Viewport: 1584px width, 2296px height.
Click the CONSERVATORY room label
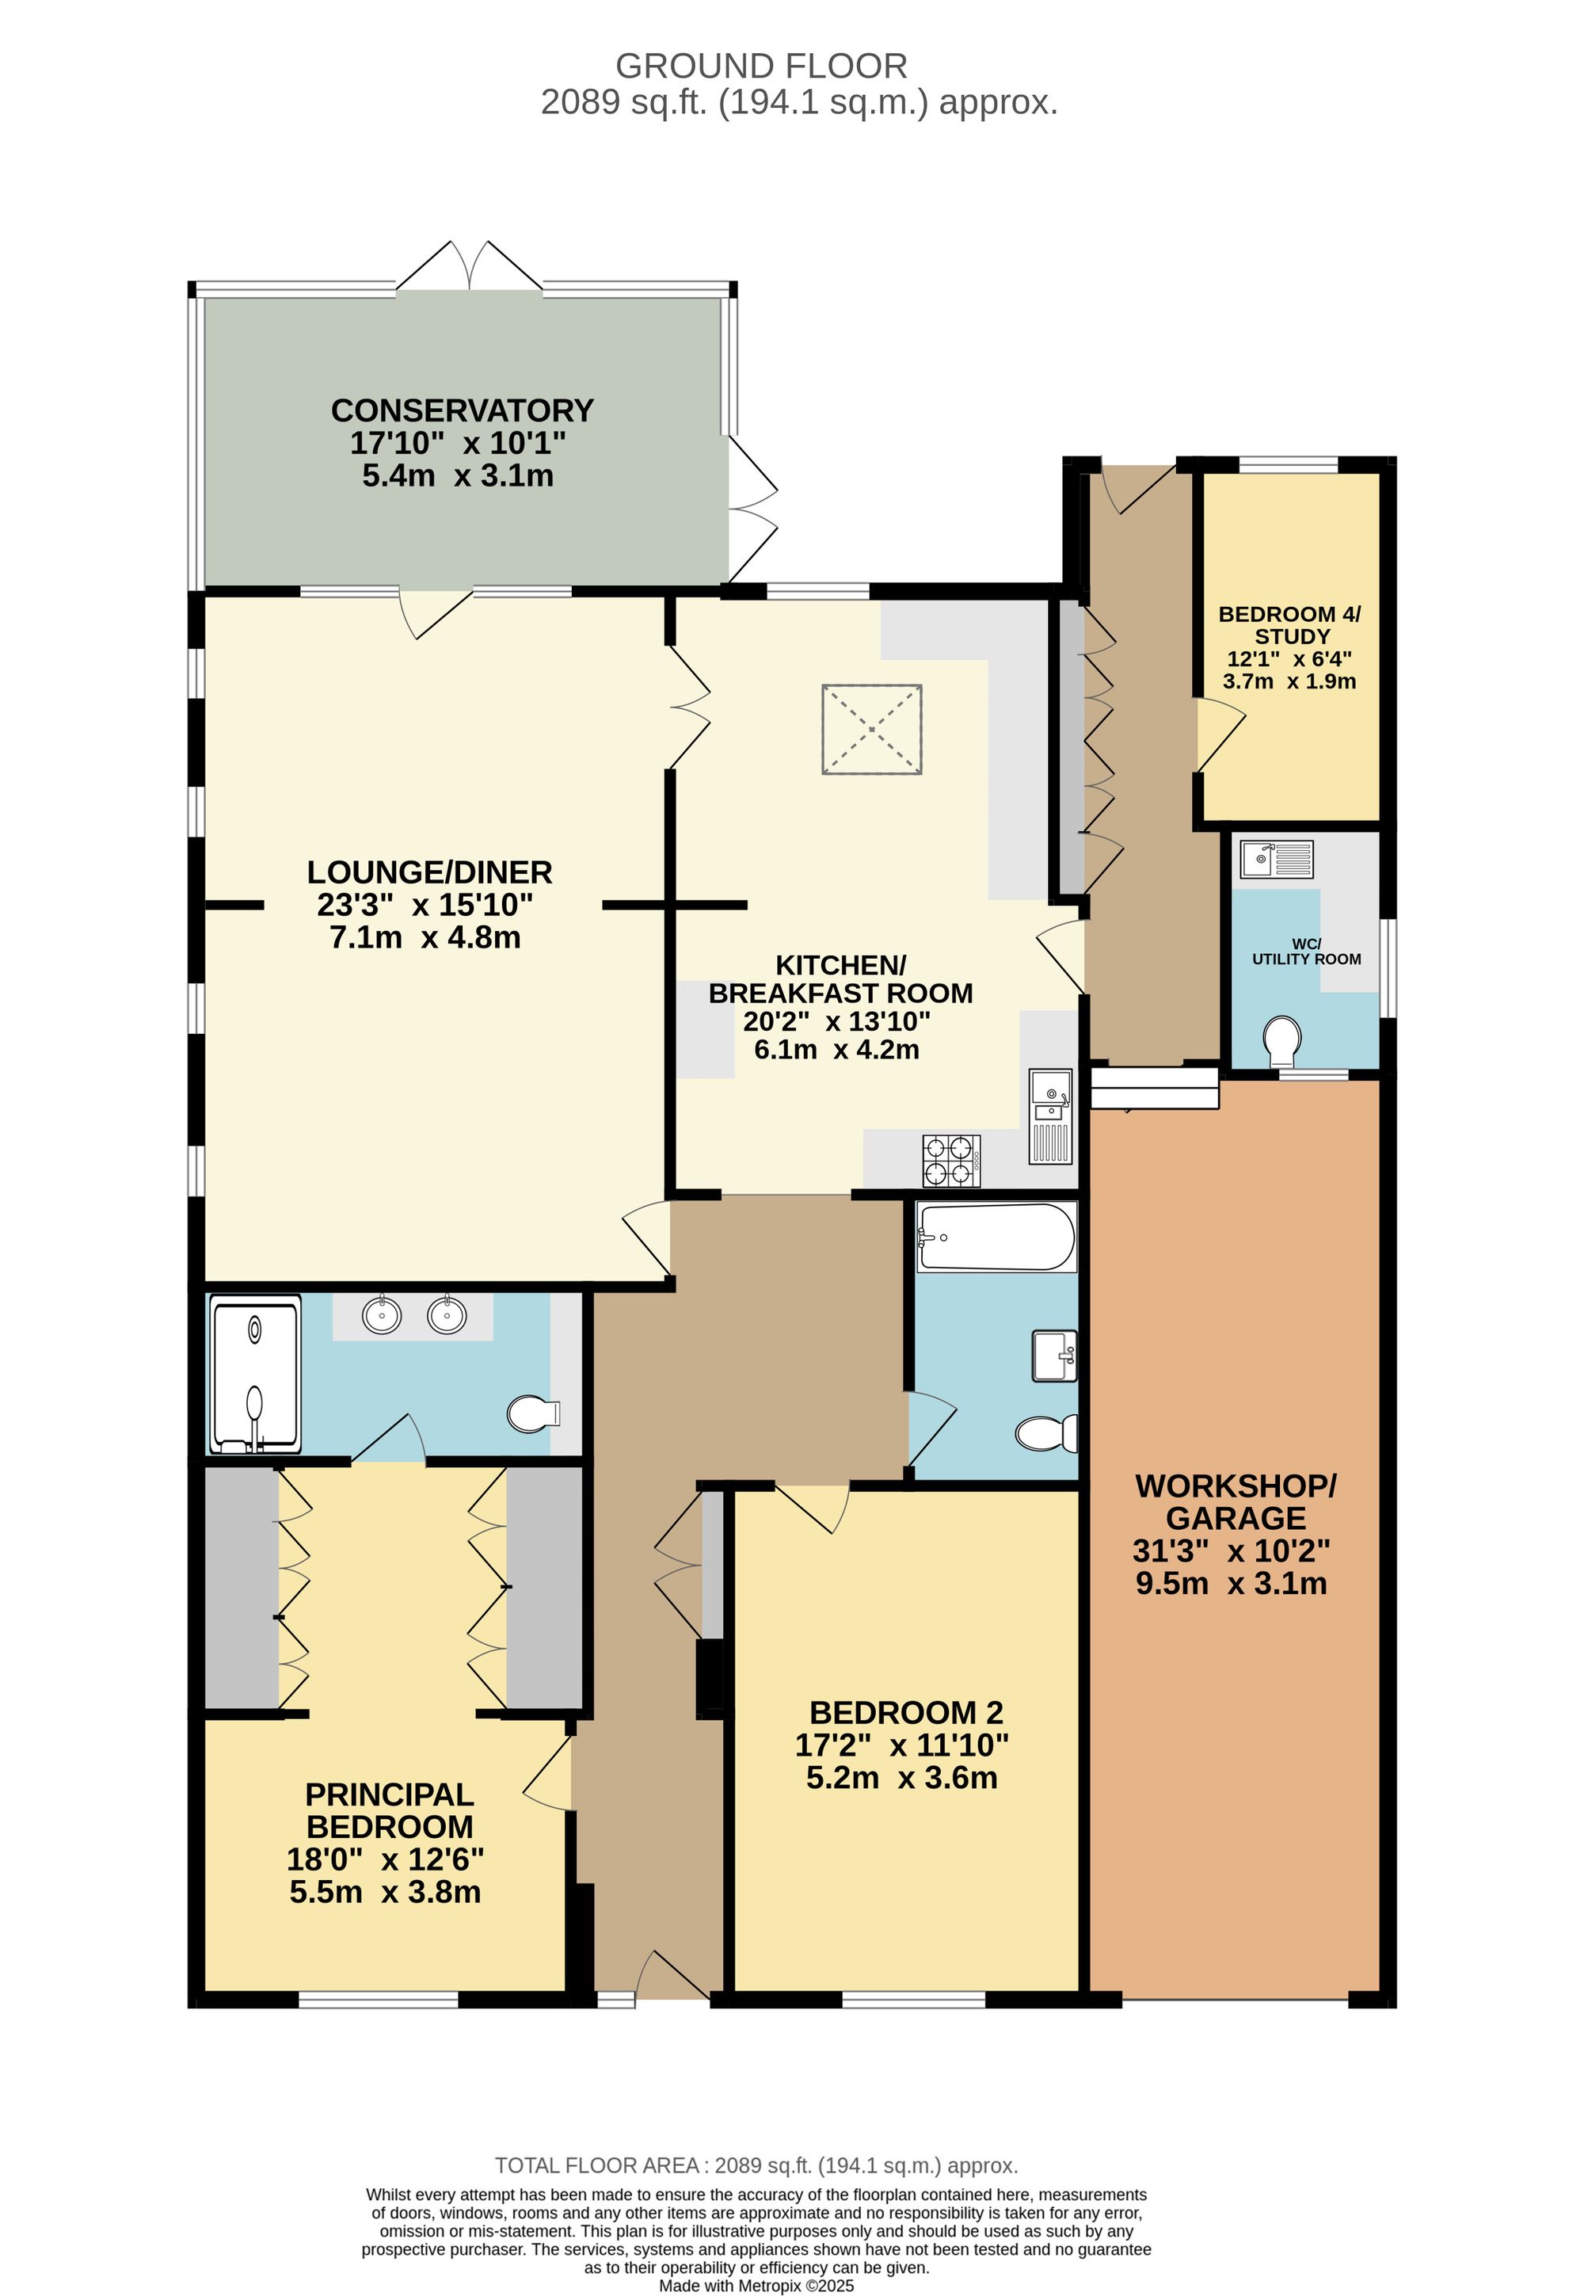(x=462, y=410)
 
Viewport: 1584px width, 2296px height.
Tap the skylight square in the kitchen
(x=870, y=730)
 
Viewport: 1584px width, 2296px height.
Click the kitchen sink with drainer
(x=1050, y=1116)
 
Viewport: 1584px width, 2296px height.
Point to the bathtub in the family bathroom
(x=996, y=1237)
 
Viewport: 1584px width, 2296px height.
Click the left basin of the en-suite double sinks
(x=382, y=1315)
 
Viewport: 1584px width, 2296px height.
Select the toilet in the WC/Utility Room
(x=1282, y=1040)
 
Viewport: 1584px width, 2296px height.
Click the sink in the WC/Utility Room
(x=1275, y=859)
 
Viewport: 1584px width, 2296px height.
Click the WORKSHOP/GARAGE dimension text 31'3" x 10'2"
(x=1231, y=1550)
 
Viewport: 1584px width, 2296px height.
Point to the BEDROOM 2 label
(x=905, y=1712)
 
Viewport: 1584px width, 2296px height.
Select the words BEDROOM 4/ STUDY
(x=1289, y=624)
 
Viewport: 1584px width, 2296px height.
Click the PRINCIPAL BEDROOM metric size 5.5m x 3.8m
(x=385, y=1892)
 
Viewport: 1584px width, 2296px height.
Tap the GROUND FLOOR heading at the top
(x=760, y=66)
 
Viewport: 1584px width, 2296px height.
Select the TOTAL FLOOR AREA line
(x=756, y=2166)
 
